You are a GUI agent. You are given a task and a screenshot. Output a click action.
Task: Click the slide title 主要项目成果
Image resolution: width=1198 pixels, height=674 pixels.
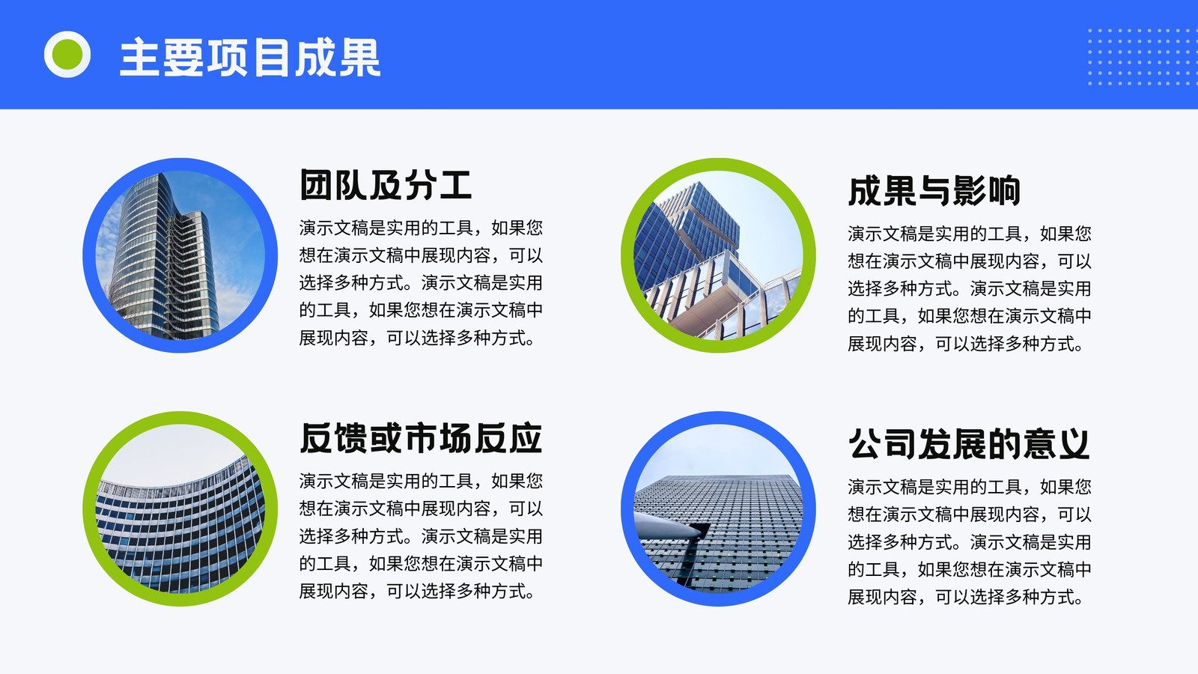(250, 57)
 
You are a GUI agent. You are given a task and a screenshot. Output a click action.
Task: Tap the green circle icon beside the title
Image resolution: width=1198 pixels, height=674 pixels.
(67, 55)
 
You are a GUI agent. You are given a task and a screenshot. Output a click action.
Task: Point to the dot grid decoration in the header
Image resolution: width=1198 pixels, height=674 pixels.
(1143, 57)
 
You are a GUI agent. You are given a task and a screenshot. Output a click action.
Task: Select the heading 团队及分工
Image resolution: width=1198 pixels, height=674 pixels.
(386, 184)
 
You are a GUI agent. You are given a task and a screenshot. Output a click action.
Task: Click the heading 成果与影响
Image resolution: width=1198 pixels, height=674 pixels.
(934, 190)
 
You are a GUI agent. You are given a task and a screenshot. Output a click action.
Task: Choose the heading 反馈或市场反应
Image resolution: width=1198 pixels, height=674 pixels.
(421, 438)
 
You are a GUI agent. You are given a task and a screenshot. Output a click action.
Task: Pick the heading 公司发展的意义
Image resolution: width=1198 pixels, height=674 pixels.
(969, 444)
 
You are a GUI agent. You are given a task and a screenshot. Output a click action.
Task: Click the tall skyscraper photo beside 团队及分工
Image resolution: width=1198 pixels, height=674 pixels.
(180, 255)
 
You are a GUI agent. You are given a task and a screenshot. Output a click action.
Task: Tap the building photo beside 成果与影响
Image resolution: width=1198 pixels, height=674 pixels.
(718, 255)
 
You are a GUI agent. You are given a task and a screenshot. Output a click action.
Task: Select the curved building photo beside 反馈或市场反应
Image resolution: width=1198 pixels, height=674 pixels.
(180, 508)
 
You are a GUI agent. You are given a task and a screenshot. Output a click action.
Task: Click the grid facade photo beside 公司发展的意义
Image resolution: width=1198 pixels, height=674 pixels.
(718, 508)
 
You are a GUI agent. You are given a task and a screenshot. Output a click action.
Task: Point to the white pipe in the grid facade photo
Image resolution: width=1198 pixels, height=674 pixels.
(669, 525)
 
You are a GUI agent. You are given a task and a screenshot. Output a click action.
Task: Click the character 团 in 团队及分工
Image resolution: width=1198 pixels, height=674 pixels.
(317, 184)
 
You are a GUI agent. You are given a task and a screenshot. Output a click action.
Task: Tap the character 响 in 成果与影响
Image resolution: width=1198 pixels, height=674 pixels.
(1004, 190)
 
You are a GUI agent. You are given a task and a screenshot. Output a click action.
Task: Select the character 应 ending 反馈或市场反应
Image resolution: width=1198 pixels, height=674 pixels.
(526, 438)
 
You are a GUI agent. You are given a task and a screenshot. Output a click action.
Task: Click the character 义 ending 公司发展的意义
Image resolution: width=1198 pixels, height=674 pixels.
(1074, 444)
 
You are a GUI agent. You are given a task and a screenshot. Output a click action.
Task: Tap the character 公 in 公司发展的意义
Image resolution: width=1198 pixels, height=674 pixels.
(865, 444)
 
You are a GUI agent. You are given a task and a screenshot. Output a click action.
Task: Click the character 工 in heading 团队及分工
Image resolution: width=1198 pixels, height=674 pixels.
(456, 184)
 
